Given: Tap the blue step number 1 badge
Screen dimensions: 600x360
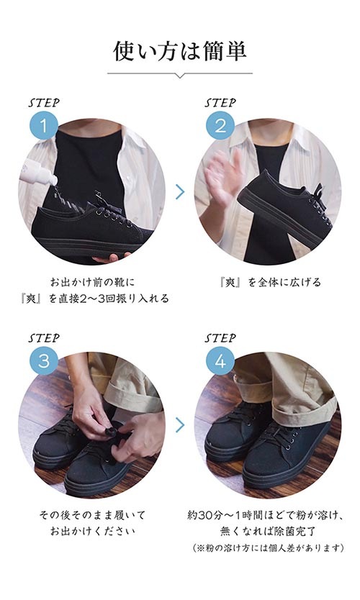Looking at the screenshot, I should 44,126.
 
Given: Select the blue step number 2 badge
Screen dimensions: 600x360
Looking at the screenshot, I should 220,126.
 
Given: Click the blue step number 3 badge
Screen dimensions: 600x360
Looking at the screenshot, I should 44,359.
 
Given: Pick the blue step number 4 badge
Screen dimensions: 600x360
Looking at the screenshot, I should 220,359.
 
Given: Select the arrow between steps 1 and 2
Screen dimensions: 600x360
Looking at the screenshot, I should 180,192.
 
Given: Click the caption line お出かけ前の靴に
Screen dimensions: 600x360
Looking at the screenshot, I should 91,282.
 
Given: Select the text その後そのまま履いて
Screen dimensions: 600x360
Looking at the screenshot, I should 91,516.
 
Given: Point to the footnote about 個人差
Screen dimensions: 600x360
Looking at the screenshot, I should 269,548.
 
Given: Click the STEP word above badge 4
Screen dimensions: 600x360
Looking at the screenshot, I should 220,337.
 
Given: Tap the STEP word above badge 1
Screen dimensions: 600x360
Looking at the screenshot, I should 44,103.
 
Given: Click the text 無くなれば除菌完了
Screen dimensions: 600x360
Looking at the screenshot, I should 269,532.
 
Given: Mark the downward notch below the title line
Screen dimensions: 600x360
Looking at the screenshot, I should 180,76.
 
